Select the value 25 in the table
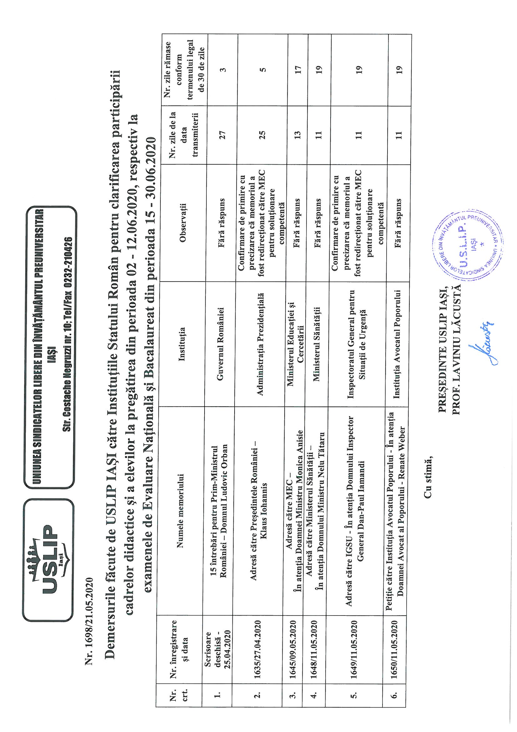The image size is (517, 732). [262, 134]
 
